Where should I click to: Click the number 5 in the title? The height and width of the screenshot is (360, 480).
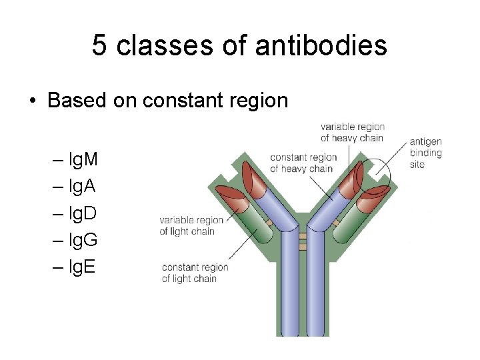tap(99, 45)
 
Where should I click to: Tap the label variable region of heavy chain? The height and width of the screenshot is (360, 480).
tap(352, 133)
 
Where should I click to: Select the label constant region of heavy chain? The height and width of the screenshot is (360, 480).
tap(303, 163)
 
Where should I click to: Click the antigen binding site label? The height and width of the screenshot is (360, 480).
tap(425, 153)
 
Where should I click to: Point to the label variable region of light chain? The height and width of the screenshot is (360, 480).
tap(191, 225)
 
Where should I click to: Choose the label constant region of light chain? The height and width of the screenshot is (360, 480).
tap(195, 273)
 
